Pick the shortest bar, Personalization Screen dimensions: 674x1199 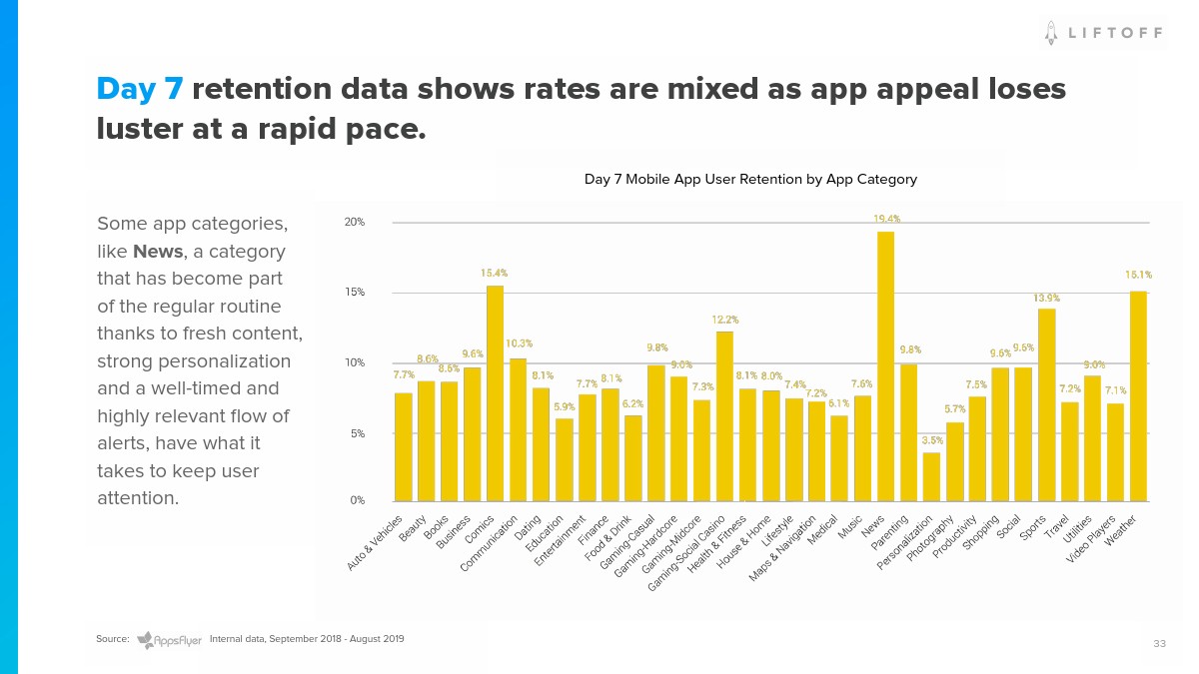(x=931, y=476)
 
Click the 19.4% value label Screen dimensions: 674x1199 (x=885, y=219)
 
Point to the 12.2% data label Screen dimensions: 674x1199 (x=725, y=320)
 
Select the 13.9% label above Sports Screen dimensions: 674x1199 (x=1047, y=298)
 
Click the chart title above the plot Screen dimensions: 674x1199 (x=750, y=180)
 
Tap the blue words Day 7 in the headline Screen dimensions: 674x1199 (x=140, y=90)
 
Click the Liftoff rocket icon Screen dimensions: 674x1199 (x=1051, y=33)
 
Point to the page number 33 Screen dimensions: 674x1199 (x=1159, y=644)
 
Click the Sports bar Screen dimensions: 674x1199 (x=1046, y=404)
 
